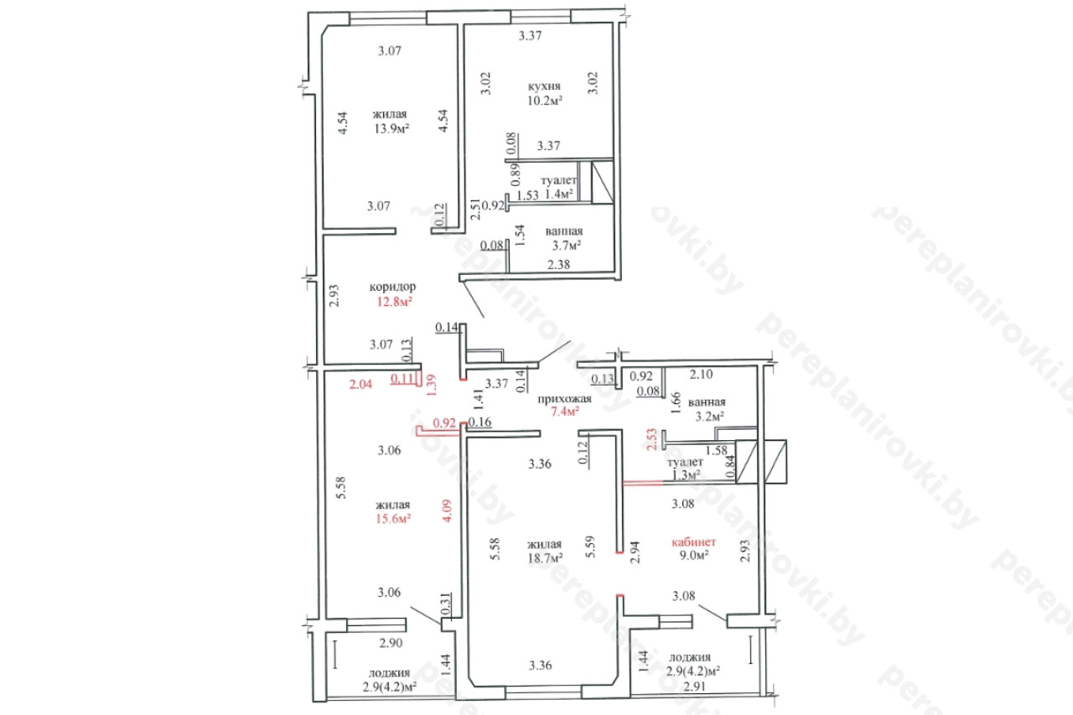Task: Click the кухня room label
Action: coord(544,86)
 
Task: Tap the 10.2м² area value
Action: coord(545,101)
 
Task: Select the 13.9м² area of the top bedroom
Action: coord(391,128)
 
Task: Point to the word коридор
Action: coord(392,287)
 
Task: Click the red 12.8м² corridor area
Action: coord(394,302)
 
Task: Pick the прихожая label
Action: coord(564,399)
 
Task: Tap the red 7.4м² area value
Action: coord(565,412)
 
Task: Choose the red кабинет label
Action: coord(693,542)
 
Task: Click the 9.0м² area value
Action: coord(694,555)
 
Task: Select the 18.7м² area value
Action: coord(545,558)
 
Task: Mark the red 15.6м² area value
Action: coord(393,519)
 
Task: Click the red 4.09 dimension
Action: coord(447,510)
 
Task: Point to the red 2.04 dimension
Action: coord(360,384)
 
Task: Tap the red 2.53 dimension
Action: coord(652,439)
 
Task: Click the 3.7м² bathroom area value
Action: coord(567,246)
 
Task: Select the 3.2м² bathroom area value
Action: coord(709,416)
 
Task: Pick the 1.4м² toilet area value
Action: coord(559,194)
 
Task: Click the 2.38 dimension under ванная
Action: coord(558,264)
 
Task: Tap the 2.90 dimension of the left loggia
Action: coord(391,643)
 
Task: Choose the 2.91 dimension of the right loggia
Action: coord(695,687)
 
